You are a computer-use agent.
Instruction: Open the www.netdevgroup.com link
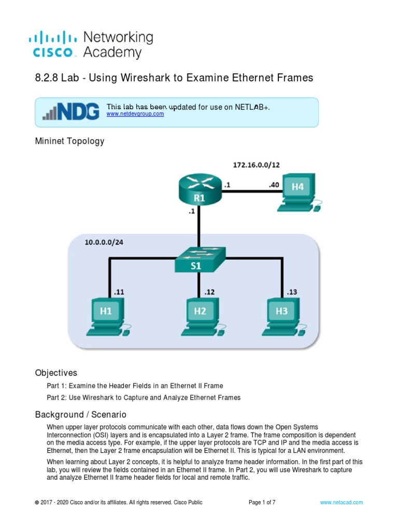point(135,114)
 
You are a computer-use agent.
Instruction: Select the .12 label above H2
point(210,292)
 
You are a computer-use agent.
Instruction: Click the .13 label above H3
point(292,292)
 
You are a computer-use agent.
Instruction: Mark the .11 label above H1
point(119,292)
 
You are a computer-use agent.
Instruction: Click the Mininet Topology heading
point(69,141)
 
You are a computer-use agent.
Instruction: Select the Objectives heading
point(56,373)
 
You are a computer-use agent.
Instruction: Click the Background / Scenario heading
point(80,415)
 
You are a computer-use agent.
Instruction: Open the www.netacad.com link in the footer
point(341,502)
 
